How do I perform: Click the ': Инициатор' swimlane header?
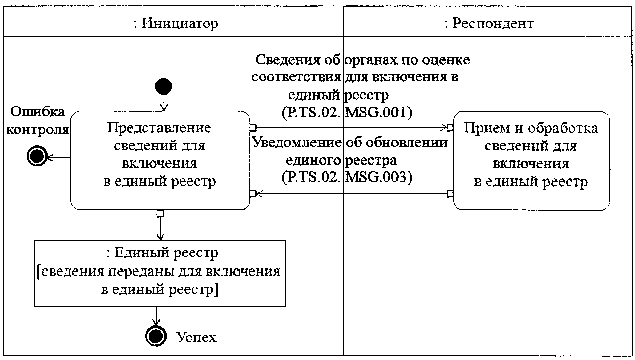pyautogui.click(x=176, y=23)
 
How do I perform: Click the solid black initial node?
pyautogui.click(x=164, y=86)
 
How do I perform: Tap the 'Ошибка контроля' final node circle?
pyautogui.click(x=37, y=156)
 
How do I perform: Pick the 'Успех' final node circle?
pyautogui.click(x=155, y=336)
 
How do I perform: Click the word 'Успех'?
pyautogui.click(x=196, y=337)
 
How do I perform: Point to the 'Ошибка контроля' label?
pyautogui.click(x=37, y=121)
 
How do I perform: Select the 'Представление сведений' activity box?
pyautogui.click(x=160, y=160)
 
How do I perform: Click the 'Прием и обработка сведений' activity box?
pyautogui.click(x=531, y=160)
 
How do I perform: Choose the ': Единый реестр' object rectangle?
pyautogui.click(x=160, y=274)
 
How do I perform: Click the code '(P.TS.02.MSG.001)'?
pyautogui.click(x=347, y=113)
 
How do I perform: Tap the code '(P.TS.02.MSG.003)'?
pyautogui.click(x=347, y=177)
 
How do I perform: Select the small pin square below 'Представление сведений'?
pyautogui.click(x=161, y=214)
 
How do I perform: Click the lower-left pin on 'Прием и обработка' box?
pyautogui.click(x=450, y=194)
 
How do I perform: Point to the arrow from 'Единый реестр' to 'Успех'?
pyautogui.click(x=156, y=316)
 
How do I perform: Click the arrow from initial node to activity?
pyautogui.click(x=164, y=103)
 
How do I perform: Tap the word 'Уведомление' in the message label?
pyautogui.click(x=296, y=142)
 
